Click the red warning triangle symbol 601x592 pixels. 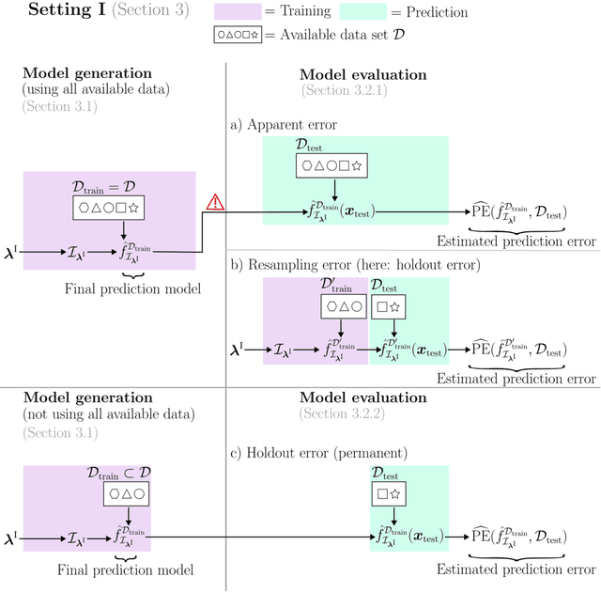tap(215, 201)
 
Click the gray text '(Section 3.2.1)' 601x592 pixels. tap(344, 90)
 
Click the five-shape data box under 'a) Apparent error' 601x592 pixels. tap(331, 166)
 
